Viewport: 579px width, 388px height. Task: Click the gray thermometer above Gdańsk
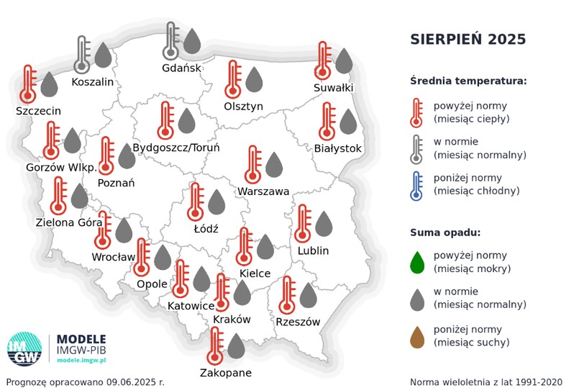[171, 41]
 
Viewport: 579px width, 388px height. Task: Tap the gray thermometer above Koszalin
[83, 55]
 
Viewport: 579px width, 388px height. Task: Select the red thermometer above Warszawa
[252, 165]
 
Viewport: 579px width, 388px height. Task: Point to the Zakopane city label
[226, 373]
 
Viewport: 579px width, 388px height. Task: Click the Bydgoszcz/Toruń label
[176, 147]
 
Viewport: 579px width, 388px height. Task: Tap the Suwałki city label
[333, 88]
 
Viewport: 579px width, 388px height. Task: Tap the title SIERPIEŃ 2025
[468, 39]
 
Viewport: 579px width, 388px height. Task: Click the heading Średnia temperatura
[468, 81]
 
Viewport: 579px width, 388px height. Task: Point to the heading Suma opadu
[445, 233]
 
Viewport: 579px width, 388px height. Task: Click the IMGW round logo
[24, 348]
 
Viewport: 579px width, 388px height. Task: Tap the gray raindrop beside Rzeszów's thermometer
[308, 295]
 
